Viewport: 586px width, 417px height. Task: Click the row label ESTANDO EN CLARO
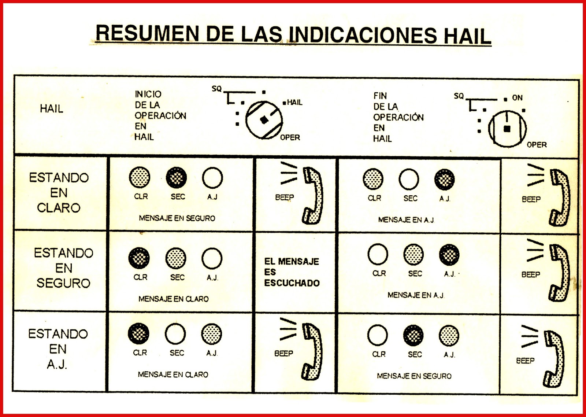tap(59, 193)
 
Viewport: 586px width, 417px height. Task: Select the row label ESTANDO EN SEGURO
tap(63, 268)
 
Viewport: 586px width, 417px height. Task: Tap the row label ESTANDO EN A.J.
tap(58, 349)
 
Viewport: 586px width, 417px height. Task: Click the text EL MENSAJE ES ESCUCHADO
tap(292, 272)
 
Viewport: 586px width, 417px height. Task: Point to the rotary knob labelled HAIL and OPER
tap(264, 120)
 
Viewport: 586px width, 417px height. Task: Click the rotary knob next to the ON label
tap(507, 129)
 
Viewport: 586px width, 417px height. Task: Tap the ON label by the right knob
tap(517, 98)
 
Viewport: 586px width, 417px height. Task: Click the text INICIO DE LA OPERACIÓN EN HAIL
tap(160, 115)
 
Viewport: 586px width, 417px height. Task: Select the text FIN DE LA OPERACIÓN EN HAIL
tap(398, 117)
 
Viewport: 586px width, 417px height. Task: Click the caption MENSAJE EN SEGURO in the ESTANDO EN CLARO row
tap(177, 218)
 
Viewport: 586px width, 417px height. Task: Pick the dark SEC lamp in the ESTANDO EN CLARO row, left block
tap(177, 178)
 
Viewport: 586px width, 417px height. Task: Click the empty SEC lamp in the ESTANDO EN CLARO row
tap(409, 179)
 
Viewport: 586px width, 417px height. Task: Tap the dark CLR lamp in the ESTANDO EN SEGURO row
tap(139, 258)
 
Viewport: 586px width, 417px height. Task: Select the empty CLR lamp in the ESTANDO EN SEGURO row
tap(378, 254)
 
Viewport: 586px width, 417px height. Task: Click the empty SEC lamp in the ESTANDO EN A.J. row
tap(175, 334)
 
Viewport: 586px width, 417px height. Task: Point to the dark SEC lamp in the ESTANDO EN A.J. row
tap(413, 335)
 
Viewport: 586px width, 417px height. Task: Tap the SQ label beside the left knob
tap(216, 89)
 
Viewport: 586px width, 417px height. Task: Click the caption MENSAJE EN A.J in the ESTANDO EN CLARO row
tap(406, 220)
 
